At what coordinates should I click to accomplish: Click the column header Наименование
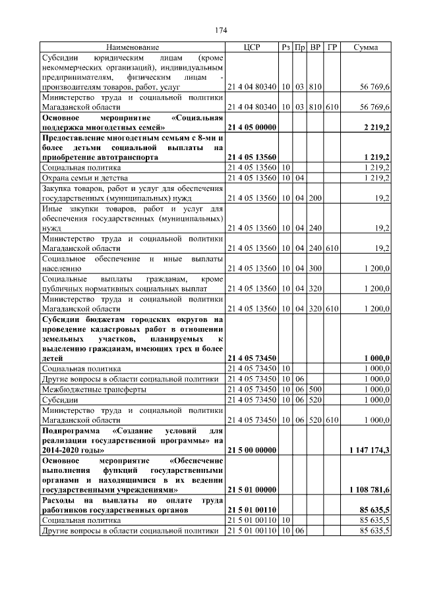coord(133,48)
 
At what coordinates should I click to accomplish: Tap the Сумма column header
coord(365,48)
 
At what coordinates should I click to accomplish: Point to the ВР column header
coord(315,48)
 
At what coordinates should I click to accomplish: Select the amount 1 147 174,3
coord(368,450)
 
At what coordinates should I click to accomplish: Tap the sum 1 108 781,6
coord(368,490)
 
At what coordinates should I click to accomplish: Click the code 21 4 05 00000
coord(251,127)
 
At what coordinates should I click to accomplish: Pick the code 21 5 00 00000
coord(251,450)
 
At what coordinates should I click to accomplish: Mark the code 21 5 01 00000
coord(251,490)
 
